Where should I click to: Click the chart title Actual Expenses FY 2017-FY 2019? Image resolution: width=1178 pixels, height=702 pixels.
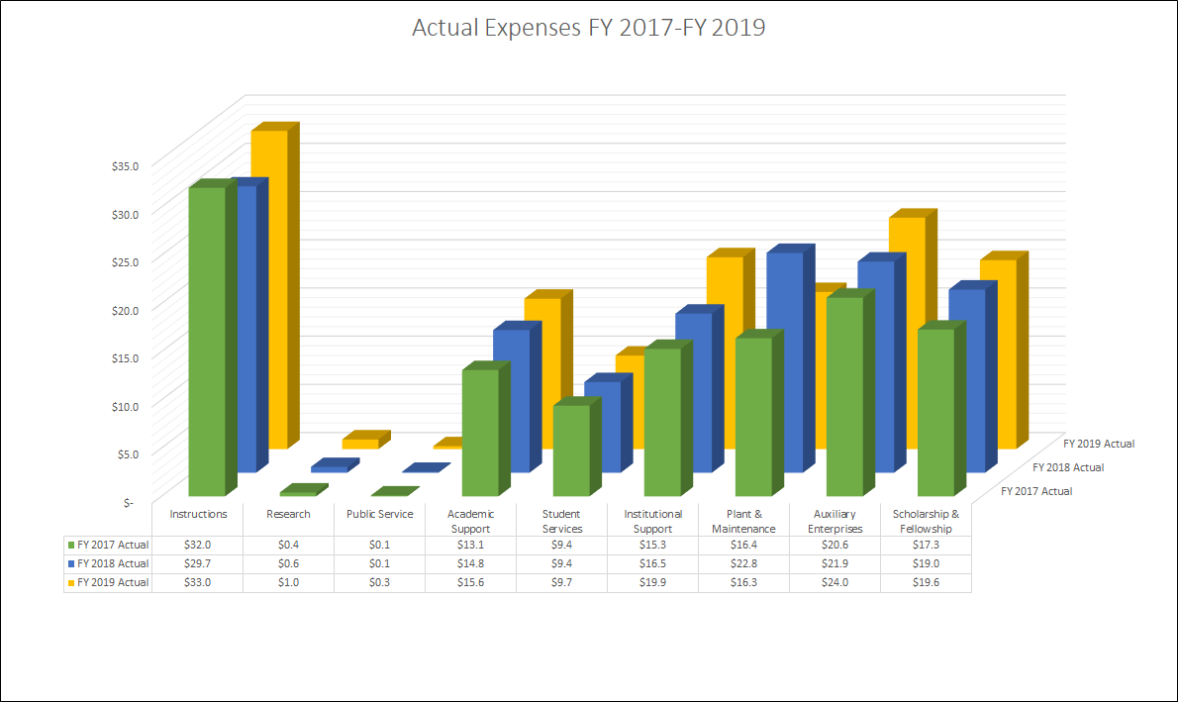click(x=588, y=28)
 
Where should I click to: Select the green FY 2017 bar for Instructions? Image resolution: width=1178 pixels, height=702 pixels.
click(x=207, y=342)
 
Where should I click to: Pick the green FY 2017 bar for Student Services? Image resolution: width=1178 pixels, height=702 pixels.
click(x=571, y=451)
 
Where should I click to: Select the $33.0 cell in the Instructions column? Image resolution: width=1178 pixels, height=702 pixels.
click(x=198, y=582)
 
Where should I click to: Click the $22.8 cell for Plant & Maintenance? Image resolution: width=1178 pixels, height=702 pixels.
click(x=743, y=563)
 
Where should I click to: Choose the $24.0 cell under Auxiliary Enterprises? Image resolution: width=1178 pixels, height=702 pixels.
click(x=834, y=582)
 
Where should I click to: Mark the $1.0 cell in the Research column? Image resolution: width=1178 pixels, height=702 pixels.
click(x=289, y=582)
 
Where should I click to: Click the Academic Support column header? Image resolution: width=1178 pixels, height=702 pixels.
click(x=470, y=521)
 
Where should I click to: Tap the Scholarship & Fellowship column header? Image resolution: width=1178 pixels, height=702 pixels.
click(x=926, y=521)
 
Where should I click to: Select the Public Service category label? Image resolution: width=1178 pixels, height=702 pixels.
click(x=379, y=515)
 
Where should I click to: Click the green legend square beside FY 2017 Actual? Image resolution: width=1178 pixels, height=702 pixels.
click(x=70, y=545)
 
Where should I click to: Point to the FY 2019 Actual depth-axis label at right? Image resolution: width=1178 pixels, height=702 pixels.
click(x=1099, y=444)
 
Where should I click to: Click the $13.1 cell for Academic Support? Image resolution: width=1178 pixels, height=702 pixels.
click(x=470, y=545)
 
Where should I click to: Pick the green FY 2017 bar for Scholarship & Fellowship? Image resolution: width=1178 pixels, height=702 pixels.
click(x=935, y=411)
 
